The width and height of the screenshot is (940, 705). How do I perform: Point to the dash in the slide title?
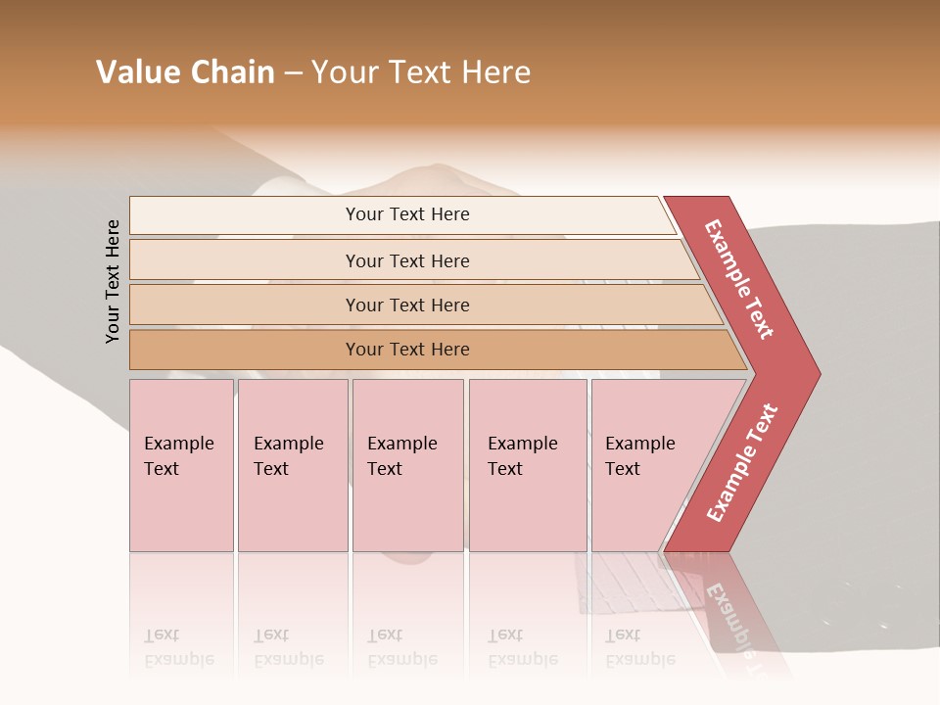click(294, 73)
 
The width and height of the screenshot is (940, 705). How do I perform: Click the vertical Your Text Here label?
click(113, 281)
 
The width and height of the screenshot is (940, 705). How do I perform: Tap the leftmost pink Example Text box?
click(181, 465)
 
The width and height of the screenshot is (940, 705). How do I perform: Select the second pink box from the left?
click(293, 465)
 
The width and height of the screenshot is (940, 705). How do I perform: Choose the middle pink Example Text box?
click(407, 465)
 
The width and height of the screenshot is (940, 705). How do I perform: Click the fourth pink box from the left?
click(528, 465)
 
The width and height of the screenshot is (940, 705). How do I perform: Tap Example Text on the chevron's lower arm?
click(742, 462)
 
